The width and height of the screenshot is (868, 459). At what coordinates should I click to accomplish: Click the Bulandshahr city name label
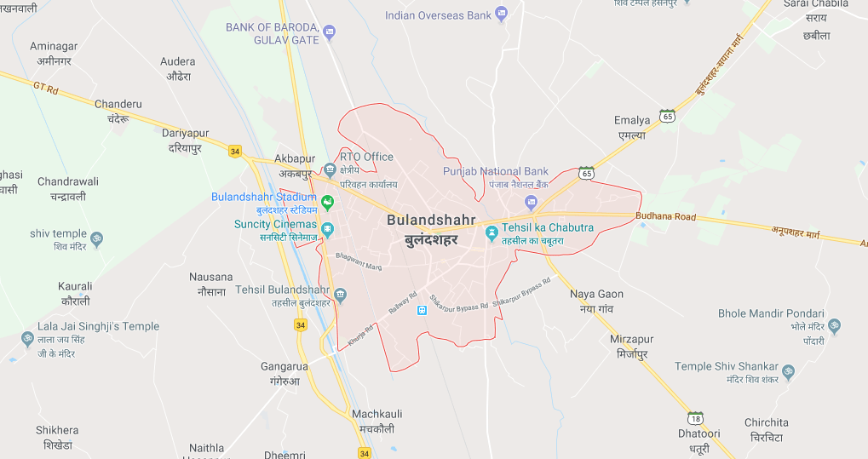coord(431,220)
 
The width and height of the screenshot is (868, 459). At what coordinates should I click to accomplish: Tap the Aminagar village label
coord(54,46)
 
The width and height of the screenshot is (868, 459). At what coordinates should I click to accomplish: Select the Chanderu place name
coord(118,104)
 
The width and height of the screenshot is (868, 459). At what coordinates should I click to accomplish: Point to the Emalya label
coord(632,121)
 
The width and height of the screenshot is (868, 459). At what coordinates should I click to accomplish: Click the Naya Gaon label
coord(596,294)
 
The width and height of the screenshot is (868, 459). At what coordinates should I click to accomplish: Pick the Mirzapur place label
coord(631,339)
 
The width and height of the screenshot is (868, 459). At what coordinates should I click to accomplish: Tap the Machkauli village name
coord(377,414)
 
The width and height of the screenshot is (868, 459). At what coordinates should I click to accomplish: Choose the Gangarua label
coord(283,366)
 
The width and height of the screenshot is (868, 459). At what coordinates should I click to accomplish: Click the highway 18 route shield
coord(696,417)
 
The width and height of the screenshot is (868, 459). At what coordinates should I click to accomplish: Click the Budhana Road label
coord(665,216)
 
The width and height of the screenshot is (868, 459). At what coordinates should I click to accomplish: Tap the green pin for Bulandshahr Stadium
coord(326,202)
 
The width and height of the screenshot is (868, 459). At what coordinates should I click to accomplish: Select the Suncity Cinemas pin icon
coord(327,230)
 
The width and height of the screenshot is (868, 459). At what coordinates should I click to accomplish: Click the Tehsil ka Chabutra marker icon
coord(491,232)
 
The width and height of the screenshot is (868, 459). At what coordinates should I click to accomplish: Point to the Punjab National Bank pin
coord(532,202)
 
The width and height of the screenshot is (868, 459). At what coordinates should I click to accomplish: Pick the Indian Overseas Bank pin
coord(501,13)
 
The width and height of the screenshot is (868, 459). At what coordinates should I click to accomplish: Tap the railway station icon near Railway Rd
coord(421,309)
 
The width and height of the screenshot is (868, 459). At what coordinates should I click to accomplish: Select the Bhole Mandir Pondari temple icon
coord(834,325)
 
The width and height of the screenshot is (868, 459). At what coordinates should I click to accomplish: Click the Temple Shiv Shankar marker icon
coord(788,372)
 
